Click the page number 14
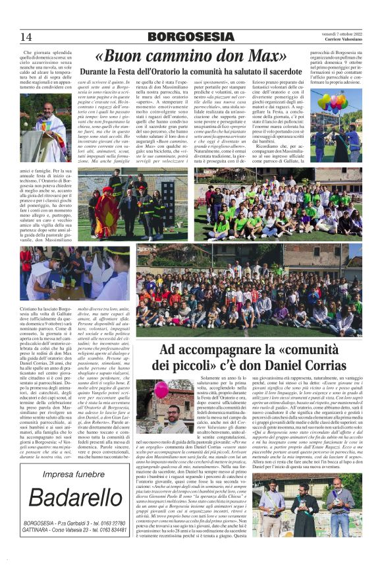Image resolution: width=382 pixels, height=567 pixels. tap(26, 37)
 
